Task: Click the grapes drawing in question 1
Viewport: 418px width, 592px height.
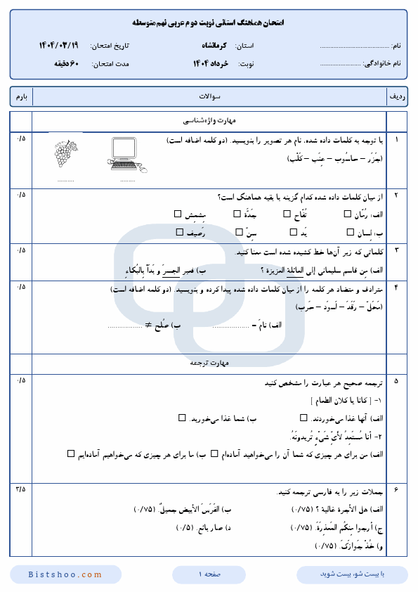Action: pyautogui.click(x=66, y=153)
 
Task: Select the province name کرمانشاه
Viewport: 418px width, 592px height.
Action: pyautogui.click(x=211, y=45)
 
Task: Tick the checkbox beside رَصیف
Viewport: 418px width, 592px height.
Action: pyautogui.click(x=178, y=231)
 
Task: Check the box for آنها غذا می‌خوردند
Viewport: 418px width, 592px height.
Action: pyautogui.click(x=263, y=418)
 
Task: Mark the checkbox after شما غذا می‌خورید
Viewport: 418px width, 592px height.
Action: pyautogui.click(x=181, y=418)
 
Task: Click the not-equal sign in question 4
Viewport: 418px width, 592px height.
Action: pyautogui.click(x=149, y=325)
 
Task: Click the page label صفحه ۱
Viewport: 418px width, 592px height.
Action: pyautogui.click(x=209, y=574)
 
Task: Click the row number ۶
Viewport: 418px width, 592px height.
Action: pyautogui.click(x=396, y=489)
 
